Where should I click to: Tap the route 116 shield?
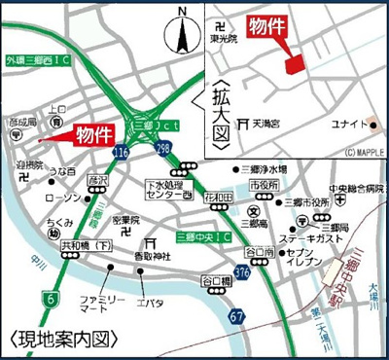point(121,153)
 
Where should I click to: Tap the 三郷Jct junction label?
point(145,126)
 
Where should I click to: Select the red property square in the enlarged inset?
point(292,62)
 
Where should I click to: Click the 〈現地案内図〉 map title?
point(55,341)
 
